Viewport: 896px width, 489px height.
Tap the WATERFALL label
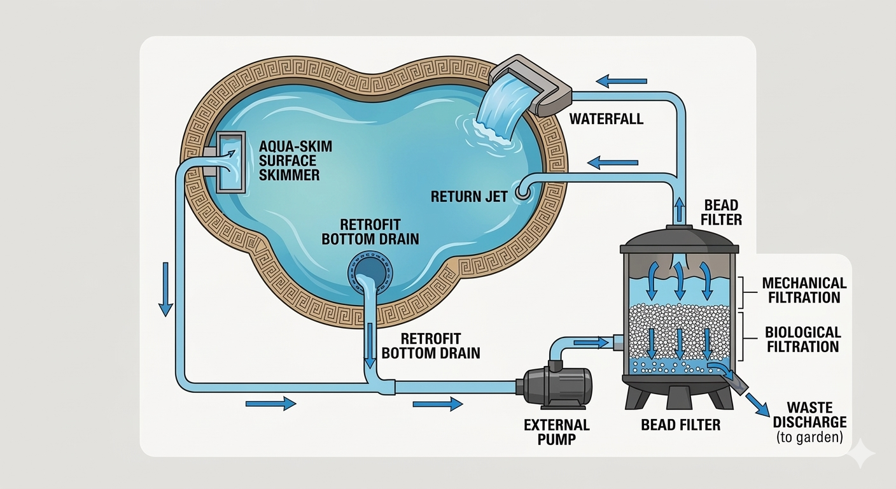[x=606, y=119]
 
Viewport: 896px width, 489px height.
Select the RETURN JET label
[x=470, y=196]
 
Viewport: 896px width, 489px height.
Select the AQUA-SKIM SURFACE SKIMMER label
[x=295, y=160]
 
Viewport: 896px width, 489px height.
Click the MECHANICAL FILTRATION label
[x=804, y=290]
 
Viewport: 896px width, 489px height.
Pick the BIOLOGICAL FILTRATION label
[x=802, y=339]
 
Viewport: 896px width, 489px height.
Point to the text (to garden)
[x=809, y=438]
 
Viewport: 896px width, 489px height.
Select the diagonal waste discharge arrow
[x=757, y=404]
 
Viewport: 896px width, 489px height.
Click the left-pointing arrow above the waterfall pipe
[x=622, y=81]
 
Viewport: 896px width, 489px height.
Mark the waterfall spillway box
[x=531, y=86]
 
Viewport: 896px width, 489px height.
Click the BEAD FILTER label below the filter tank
[x=680, y=424]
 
